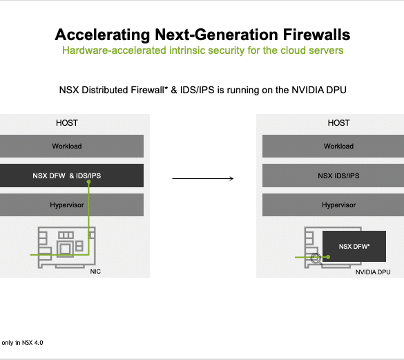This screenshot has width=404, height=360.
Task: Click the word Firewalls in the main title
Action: point(317,35)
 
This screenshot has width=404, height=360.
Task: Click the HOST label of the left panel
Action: point(67,123)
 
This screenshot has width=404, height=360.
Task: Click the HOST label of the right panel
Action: point(339,123)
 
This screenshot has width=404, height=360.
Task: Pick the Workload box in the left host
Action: point(72,146)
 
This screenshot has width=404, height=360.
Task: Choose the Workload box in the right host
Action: point(333,146)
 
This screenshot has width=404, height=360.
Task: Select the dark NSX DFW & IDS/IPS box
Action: point(72,176)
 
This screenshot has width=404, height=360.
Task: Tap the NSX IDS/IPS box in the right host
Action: point(333,176)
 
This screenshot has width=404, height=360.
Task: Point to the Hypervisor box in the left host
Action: point(72,205)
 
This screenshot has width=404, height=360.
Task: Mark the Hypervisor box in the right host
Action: point(333,205)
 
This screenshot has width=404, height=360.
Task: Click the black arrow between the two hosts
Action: point(203,178)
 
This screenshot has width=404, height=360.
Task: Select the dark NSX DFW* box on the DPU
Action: point(354,246)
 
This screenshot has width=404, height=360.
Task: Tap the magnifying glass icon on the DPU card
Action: point(316,259)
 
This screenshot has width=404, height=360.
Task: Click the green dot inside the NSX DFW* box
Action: point(328,257)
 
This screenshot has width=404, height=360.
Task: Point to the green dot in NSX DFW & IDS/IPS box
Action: point(88,182)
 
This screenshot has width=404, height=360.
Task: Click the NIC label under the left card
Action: point(95,272)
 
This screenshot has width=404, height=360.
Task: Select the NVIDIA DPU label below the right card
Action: point(373,272)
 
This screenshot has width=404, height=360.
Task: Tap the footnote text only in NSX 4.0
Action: point(22,343)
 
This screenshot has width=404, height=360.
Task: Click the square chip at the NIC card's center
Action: point(65,249)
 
